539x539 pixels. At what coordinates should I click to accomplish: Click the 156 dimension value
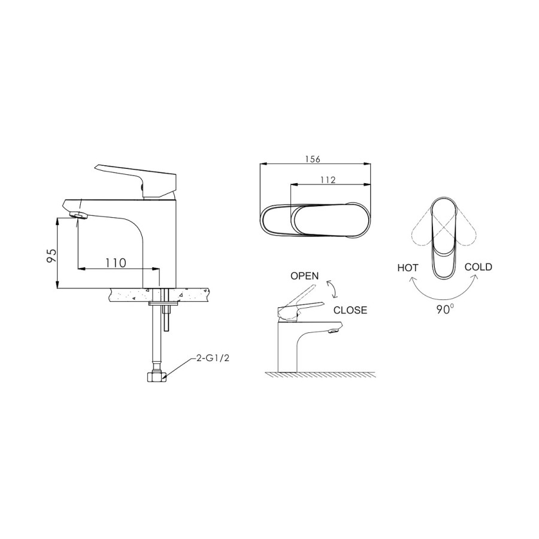(313, 159)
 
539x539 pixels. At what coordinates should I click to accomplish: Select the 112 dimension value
(327, 180)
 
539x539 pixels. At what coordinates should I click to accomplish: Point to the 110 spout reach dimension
(115, 262)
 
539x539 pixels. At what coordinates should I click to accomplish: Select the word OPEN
(304, 276)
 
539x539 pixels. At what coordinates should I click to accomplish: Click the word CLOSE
(350, 310)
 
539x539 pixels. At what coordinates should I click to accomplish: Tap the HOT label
(408, 268)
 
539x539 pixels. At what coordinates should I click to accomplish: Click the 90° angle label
(444, 308)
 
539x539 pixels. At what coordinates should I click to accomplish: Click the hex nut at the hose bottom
(156, 377)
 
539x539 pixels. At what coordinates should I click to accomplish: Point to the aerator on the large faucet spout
(78, 214)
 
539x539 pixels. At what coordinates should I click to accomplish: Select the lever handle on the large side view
(135, 177)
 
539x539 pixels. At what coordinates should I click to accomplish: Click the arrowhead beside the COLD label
(474, 278)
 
